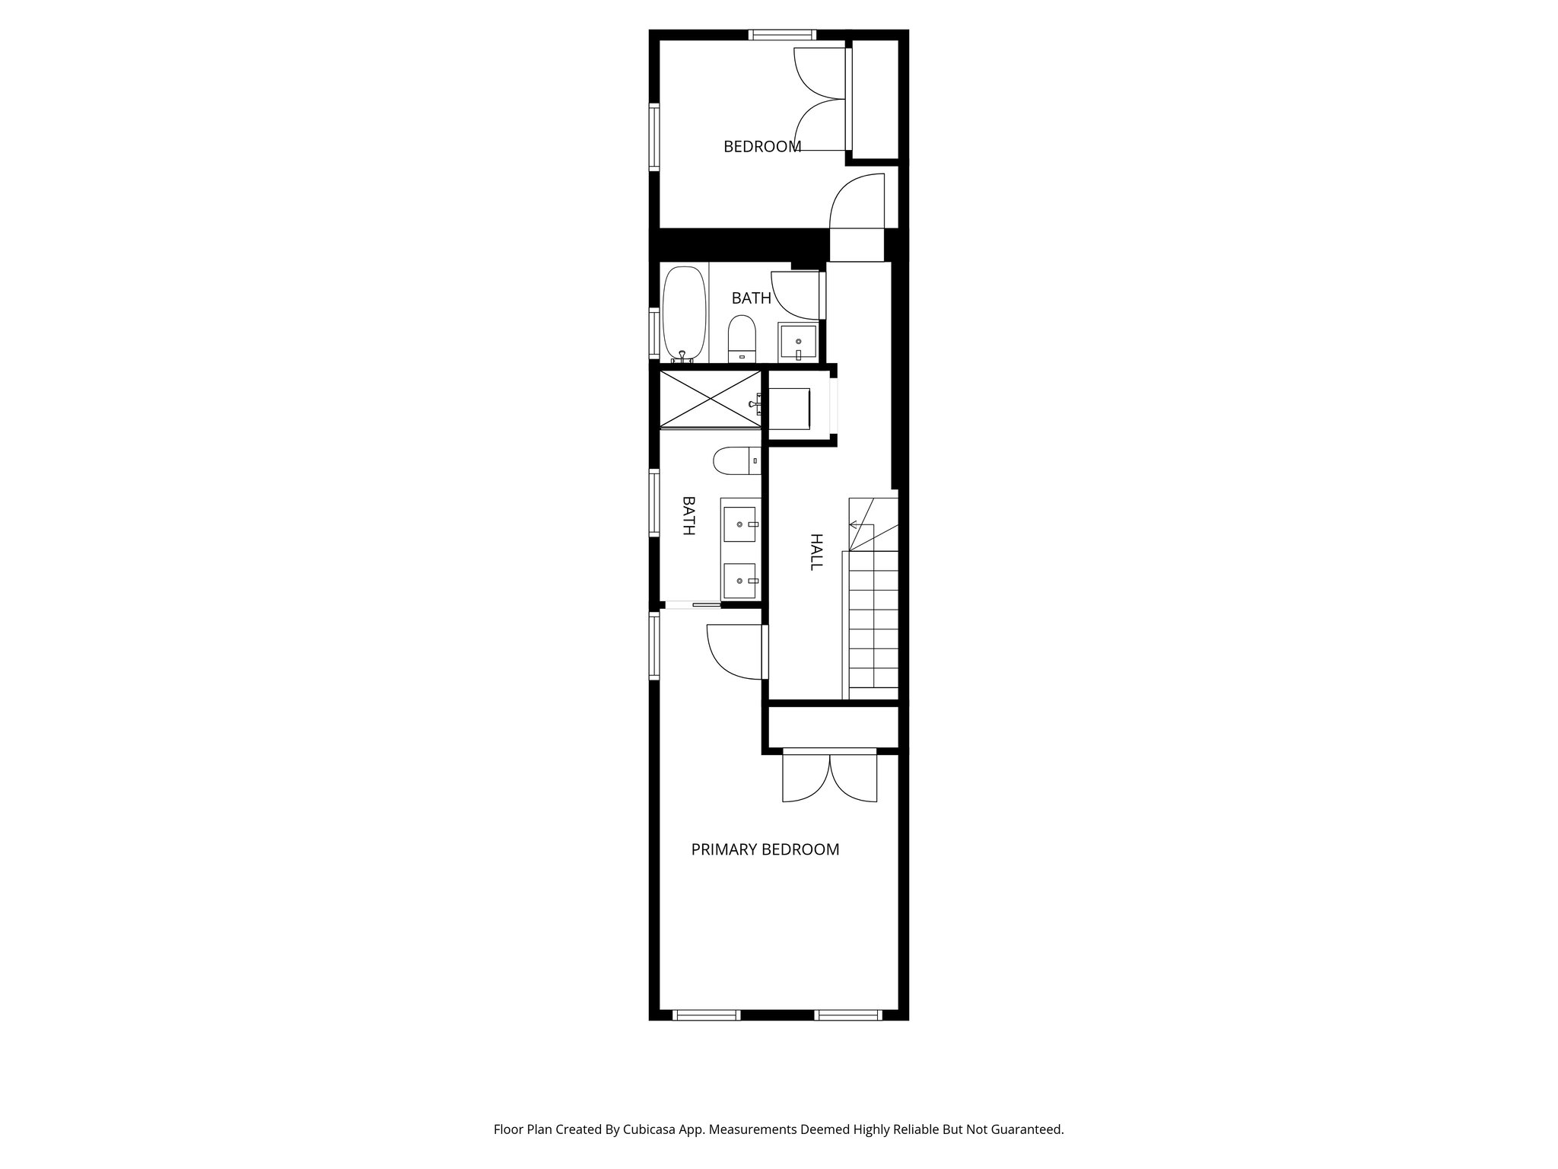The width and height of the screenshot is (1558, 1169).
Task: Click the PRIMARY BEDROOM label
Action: (765, 849)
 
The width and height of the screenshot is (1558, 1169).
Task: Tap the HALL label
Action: (816, 552)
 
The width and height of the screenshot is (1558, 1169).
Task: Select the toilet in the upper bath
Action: (741, 339)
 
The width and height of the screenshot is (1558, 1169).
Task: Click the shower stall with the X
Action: (710, 400)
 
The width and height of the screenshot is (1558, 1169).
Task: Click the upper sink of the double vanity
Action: (739, 524)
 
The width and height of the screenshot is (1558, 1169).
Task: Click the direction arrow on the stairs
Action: (854, 524)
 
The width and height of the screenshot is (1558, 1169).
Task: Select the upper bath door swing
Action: (797, 295)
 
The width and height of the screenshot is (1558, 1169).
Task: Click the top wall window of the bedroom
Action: (781, 34)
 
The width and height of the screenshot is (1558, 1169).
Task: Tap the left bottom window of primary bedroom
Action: (707, 1015)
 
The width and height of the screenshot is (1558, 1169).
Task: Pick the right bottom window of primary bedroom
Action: (848, 1015)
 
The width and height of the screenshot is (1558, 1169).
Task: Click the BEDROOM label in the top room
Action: (762, 147)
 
